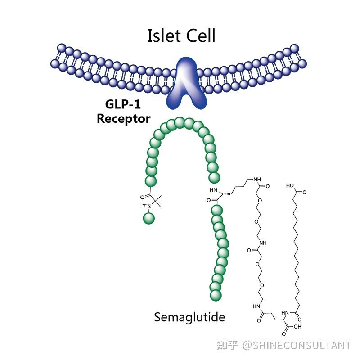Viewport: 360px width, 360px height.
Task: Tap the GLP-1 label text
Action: (123, 104)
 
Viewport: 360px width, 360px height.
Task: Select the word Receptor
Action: (123, 119)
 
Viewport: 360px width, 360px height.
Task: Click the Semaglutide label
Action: (189, 317)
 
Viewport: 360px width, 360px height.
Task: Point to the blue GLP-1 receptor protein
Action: (187, 83)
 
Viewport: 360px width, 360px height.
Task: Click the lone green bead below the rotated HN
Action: (149, 218)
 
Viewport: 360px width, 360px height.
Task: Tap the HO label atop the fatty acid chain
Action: (290, 185)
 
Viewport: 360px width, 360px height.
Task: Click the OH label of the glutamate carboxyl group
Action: (297, 327)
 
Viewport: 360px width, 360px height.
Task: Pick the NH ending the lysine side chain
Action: (257, 179)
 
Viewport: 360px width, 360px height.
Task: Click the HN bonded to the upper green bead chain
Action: (213, 190)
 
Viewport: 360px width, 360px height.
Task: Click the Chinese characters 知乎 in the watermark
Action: (227, 345)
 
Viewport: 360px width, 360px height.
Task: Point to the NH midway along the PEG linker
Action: (263, 243)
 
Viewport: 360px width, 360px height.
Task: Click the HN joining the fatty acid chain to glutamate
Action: (285, 313)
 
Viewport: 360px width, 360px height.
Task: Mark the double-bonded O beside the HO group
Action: (305, 192)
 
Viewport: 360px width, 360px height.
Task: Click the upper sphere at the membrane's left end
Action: (62, 48)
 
